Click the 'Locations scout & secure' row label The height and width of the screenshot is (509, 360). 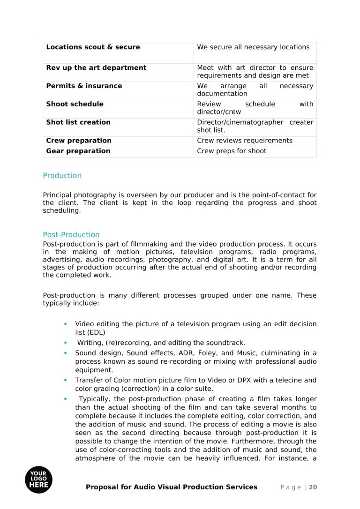tap(93, 47)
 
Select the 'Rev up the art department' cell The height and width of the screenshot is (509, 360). tap(96, 68)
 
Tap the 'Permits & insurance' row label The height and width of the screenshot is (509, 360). tap(84, 86)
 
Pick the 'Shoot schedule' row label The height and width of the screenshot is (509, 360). tap(75, 104)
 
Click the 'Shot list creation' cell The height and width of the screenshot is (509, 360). tap(78, 122)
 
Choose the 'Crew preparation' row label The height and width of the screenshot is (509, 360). tap(79, 141)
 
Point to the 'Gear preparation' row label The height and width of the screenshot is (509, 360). tap(78, 151)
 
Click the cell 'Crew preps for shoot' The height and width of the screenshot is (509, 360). tap(232, 151)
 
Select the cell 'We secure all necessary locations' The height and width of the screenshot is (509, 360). tap(253, 47)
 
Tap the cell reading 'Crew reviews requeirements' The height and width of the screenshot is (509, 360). tap(245, 141)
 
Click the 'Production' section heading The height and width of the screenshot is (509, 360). tap(62, 176)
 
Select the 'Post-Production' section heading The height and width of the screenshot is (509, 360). tap(71, 235)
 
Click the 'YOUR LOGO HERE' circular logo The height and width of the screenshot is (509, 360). tap(39, 480)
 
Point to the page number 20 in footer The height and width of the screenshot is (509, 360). tap(313, 487)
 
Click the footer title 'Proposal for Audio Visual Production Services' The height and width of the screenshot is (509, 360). tap(172, 487)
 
